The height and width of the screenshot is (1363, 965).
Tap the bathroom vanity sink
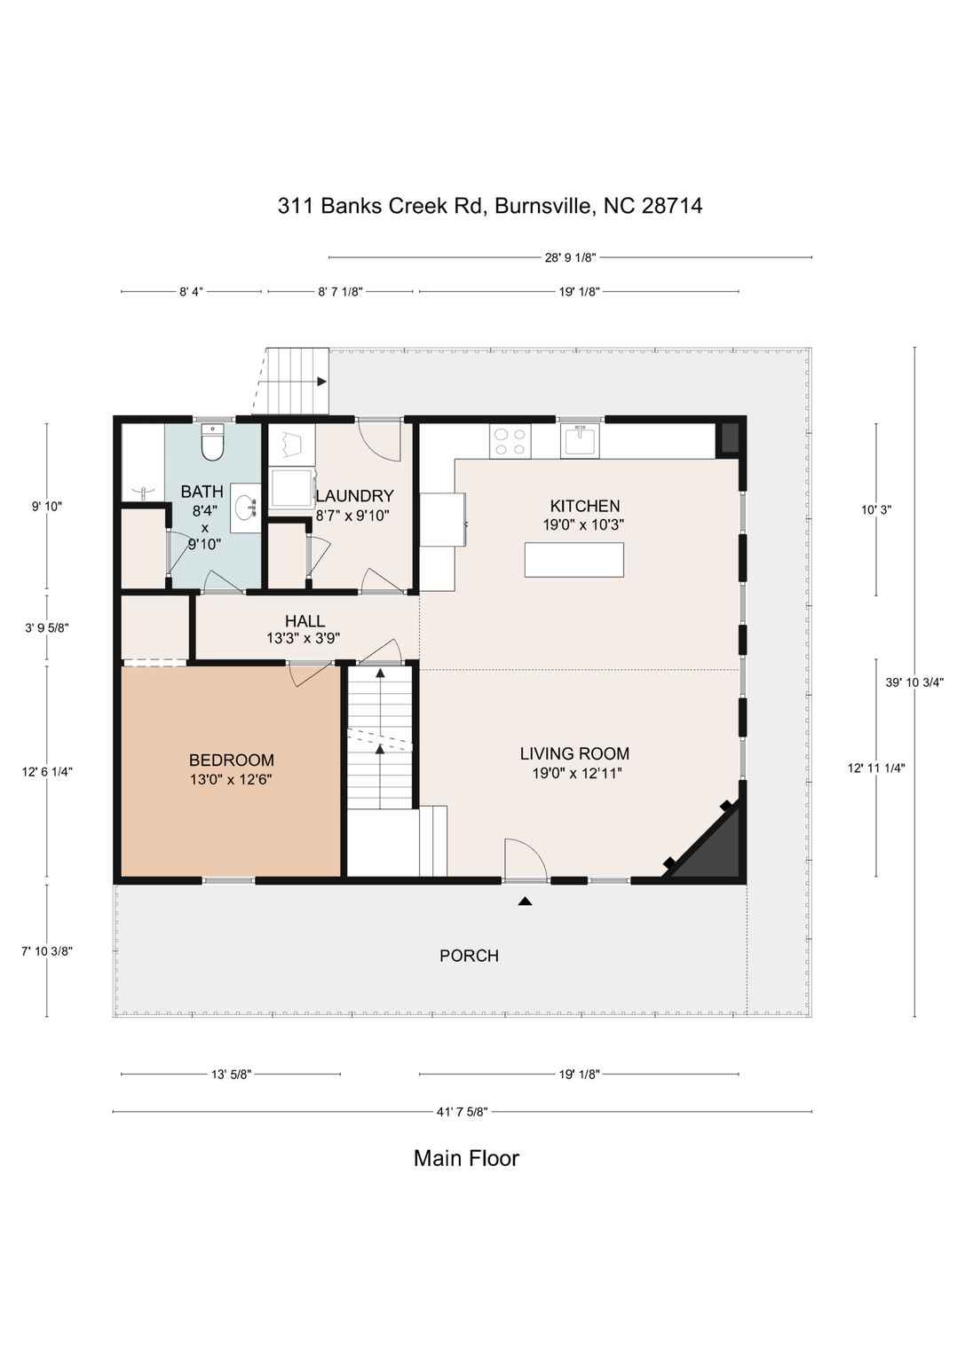point(247,507)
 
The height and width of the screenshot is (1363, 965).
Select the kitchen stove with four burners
point(510,441)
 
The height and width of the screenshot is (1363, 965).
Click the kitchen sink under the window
point(580,440)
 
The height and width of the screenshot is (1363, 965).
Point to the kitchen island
point(574,559)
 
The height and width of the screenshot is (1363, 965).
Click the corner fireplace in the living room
point(707,842)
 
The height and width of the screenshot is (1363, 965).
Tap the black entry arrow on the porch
point(525,902)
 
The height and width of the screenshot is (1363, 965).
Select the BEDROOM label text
point(232,760)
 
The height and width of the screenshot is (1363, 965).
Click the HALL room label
point(305,621)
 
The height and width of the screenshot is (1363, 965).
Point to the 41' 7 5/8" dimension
point(463,1112)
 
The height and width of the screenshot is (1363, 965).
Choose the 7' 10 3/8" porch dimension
point(47,951)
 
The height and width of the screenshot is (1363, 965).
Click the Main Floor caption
point(467,1158)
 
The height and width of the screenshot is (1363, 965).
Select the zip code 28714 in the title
point(672,206)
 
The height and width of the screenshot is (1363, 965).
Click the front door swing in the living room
point(526,859)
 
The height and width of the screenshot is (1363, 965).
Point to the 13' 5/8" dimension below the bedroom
point(232,1075)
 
